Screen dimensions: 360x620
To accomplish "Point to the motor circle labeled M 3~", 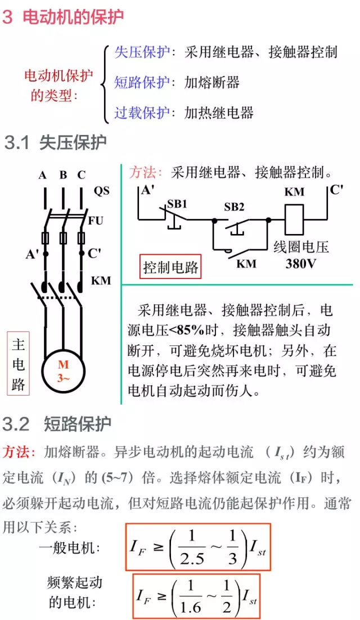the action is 63,371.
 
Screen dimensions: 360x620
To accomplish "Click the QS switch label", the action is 101,191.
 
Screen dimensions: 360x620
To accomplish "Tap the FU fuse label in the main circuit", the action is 96,221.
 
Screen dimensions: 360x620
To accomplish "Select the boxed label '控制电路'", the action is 170,267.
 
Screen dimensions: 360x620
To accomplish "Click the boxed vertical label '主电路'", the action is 18,365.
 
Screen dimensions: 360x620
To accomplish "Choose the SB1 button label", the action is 177,204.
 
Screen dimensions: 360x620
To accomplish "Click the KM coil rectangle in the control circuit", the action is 294,219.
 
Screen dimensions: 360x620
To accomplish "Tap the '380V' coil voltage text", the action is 301,263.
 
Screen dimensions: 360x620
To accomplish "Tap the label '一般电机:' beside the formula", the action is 70,546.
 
